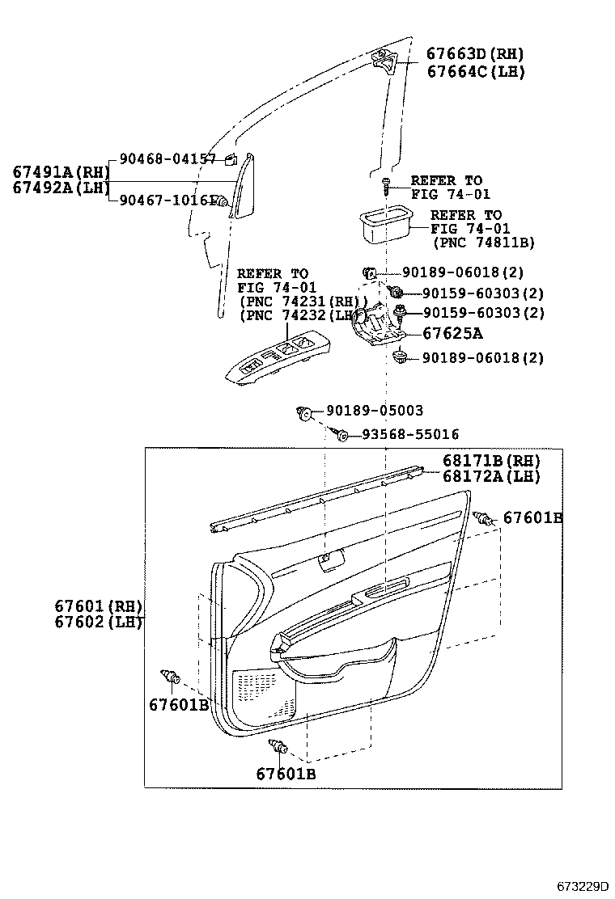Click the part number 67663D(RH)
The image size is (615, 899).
coord(475,54)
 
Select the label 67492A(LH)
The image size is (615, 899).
coord(60,188)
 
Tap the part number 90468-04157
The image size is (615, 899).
coord(168,159)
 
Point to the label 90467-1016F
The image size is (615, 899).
coord(168,200)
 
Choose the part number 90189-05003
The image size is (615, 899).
coord(375,411)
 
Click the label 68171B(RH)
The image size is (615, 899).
coord(490,461)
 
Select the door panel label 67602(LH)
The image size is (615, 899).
coord(98,622)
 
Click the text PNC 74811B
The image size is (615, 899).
coord(484,242)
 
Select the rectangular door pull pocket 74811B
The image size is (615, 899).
coord(384,222)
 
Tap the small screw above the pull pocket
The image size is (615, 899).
coord(388,185)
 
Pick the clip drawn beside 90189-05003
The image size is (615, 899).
coord(305,413)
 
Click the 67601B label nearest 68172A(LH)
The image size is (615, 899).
coord(532,517)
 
